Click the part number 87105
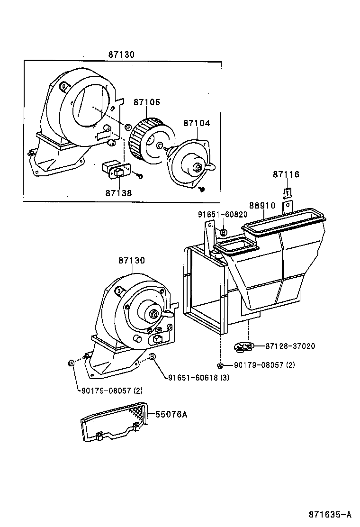point(146,102)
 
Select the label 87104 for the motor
point(197,123)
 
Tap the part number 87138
point(118,193)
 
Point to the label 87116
point(286,174)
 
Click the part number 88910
point(262,206)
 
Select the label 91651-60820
point(223,215)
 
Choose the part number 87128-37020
point(290,346)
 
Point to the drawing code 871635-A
point(330,514)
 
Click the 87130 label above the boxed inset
point(121,55)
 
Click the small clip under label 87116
point(287,193)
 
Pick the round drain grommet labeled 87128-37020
point(244,347)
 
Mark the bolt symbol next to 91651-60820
point(224,232)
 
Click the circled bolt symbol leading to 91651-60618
point(153,357)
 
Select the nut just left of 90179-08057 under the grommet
point(220,365)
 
